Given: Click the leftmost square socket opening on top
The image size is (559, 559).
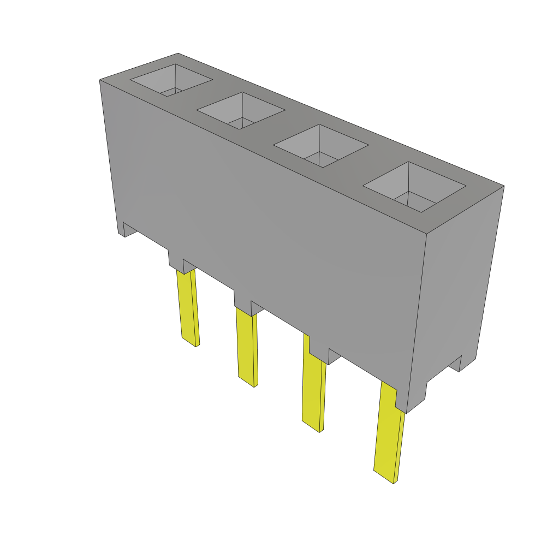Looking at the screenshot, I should [x=171, y=80].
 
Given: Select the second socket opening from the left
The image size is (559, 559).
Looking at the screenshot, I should [x=241, y=111].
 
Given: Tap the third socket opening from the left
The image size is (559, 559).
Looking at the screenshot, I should [x=320, y=146].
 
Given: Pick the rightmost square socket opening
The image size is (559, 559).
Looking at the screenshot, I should [x=414, y=187].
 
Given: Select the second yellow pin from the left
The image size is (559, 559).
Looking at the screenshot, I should [x=247, y=346].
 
